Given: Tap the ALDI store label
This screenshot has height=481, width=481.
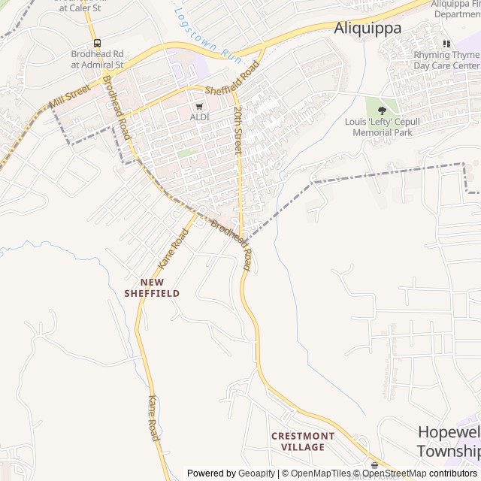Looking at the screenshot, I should click(x=199, y=117).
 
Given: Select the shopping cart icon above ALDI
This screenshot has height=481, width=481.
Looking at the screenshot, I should click(x=199, y=107).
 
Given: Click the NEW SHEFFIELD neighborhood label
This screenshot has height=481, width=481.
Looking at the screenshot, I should click(x=153, y=288).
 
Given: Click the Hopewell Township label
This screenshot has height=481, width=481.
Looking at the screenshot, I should click(x=449, y=441).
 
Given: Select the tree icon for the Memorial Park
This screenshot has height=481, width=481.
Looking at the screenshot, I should click(x=381, y=110).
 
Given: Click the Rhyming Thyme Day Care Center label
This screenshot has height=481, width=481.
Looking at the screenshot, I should click(x=446, y=60).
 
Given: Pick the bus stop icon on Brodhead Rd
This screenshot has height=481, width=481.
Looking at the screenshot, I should click(x=96, y=43).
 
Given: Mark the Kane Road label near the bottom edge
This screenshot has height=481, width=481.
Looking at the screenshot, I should click(x=153, y=418).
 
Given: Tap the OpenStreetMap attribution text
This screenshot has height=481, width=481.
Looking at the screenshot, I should click(x=394, y=473).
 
